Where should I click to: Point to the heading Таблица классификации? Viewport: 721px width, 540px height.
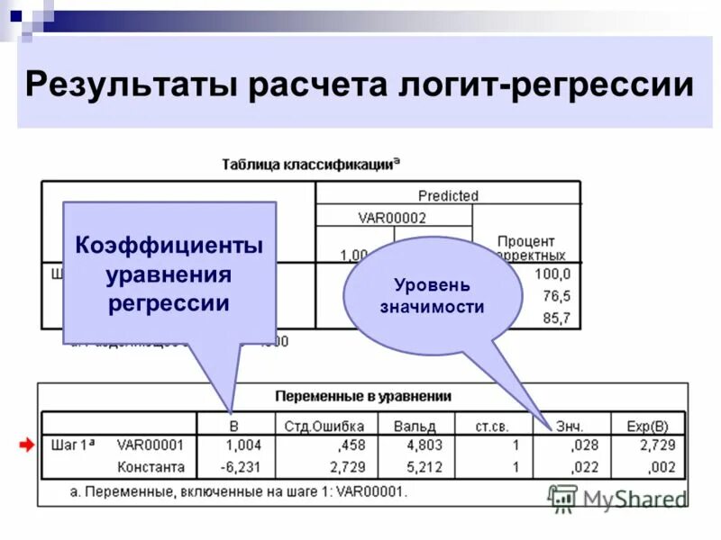[x=311, y=165]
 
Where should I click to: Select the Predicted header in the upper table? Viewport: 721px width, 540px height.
[x=448, y=195]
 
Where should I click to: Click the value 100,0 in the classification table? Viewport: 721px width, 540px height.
[x=552, y=274]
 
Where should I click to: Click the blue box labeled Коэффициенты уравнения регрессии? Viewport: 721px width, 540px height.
[x=169, y=273]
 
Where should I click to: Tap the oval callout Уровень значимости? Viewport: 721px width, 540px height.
[x=432, y=295]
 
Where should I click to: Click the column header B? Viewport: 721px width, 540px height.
[x=234, y=425]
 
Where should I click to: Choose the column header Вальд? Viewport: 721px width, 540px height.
[x=420, y=425]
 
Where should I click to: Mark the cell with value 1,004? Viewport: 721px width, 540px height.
[x=242, y=445]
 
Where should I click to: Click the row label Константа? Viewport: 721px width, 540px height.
[x=151, y=467]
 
